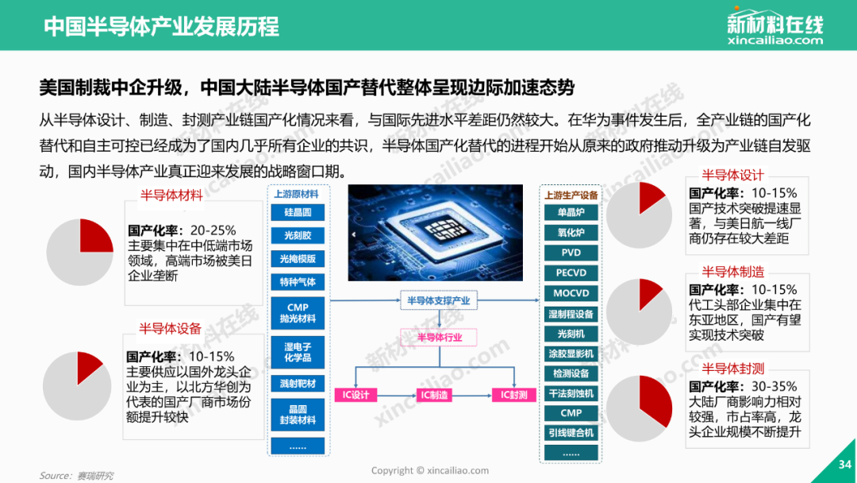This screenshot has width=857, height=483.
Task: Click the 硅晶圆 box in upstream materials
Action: [298, 212]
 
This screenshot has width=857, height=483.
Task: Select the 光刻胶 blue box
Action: [298, 235]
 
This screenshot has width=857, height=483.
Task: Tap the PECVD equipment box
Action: [571, 272]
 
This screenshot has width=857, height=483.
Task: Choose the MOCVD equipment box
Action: [571, 293]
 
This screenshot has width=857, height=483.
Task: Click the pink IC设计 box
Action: [355, 394]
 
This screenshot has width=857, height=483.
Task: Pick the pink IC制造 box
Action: [435, 394]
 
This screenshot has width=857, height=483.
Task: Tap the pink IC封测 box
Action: [513, 394]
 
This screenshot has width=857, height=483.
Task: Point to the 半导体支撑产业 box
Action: [439, 300]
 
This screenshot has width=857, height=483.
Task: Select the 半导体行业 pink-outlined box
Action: [439, 338]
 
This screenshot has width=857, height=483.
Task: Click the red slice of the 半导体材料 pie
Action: [94, 238]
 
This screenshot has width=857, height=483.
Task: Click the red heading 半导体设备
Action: [170, 329]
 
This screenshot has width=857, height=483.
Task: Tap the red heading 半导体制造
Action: [733, 272]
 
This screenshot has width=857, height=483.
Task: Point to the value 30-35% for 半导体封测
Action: [774, 386]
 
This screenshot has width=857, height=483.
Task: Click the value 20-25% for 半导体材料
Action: [213, 230]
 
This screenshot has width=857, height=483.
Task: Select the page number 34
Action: [845, 465]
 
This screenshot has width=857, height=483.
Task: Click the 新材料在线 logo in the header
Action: [775, 26]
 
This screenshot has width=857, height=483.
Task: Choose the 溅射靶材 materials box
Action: [298, 384]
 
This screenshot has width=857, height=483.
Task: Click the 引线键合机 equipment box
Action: [571, 433]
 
